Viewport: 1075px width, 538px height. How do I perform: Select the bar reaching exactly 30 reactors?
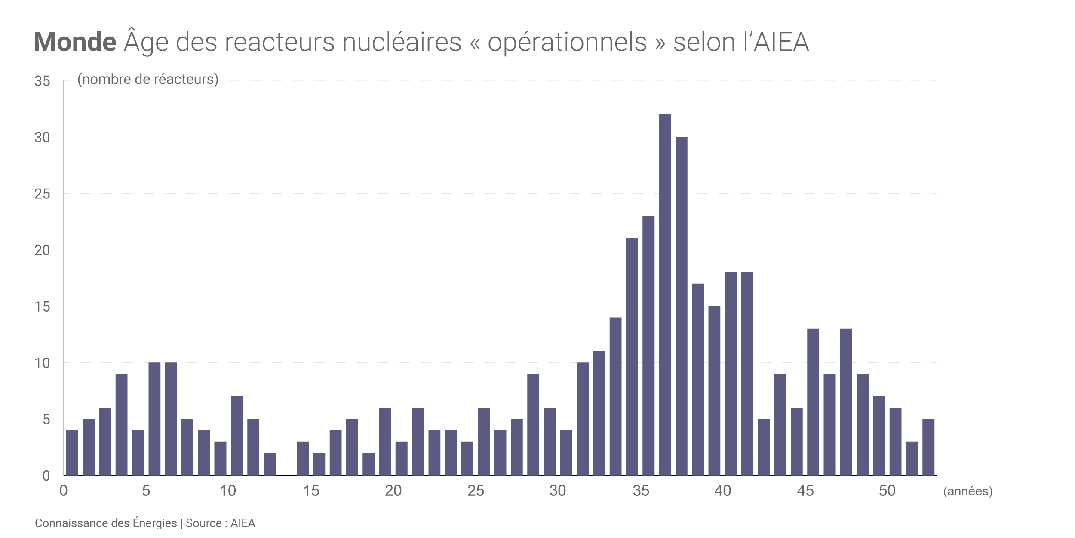(x=681, y=306)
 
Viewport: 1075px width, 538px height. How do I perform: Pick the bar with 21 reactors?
(x=632, y=357)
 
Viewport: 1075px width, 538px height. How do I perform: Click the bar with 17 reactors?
(x=698, y=379)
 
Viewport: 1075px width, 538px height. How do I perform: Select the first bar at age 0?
(x=72, y=453)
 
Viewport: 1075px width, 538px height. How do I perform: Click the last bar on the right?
(x=928, y=447)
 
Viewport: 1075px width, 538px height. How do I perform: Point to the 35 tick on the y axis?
(x=42, y=81)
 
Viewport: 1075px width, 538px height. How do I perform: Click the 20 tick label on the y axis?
(x=42, y=250)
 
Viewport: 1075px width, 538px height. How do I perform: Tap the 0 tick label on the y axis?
(x=46, y=476)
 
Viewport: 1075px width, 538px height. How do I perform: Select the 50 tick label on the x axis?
(x=887, y=491)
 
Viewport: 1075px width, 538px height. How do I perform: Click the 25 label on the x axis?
(x=476, y=491)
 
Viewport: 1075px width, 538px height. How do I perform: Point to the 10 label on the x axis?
(x=228, y=491)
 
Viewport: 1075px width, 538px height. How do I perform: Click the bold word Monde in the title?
(x=75, y=42)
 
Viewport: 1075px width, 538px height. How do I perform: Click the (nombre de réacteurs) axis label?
(x=148, y=79)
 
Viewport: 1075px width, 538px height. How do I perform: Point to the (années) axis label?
(x=968, y=491)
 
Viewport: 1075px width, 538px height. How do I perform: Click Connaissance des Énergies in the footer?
(x=106, y=523)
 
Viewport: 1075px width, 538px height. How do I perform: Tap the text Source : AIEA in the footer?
(x=221, y=523)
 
